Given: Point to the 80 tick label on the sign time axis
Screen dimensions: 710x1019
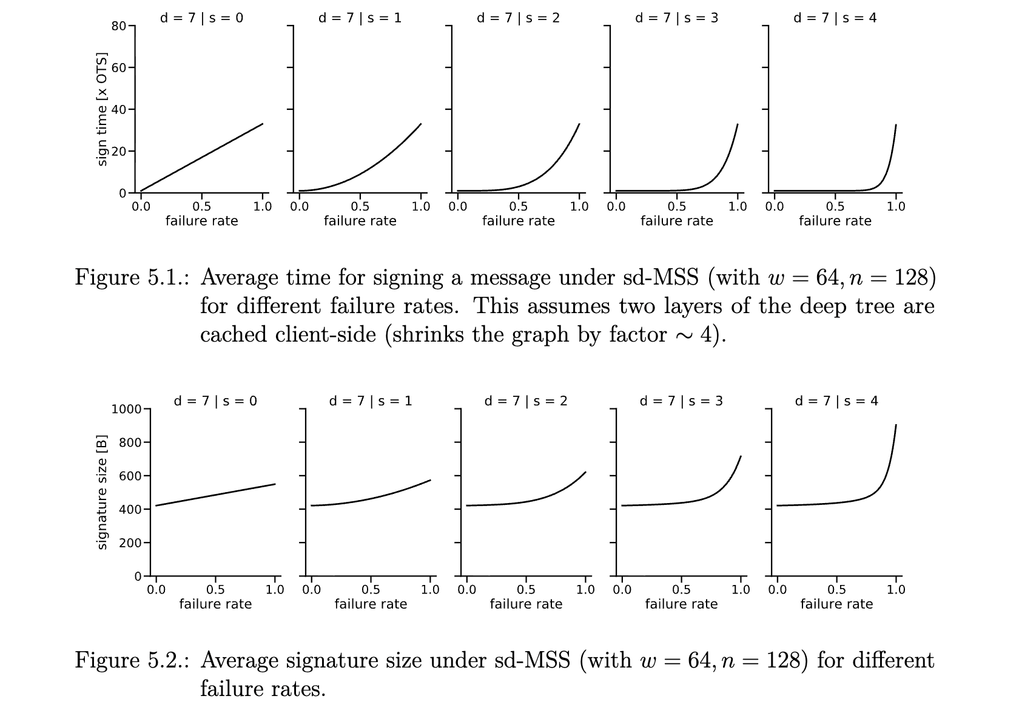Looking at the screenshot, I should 118,26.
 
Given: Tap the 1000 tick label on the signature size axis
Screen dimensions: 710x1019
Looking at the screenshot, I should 126,409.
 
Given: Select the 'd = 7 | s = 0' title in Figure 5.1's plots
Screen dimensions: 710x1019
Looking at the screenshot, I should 201,18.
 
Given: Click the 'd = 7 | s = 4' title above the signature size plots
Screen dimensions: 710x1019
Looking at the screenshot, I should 836,401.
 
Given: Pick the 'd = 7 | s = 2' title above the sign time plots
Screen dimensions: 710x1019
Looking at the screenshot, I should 518,18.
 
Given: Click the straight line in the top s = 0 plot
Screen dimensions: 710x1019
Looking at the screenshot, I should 202,158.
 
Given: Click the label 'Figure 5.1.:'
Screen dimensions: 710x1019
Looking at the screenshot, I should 132,278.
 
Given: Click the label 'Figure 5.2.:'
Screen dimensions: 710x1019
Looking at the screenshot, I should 132,661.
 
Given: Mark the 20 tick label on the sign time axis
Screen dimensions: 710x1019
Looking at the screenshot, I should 118,152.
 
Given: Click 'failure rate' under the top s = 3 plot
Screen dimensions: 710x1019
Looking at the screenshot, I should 676,221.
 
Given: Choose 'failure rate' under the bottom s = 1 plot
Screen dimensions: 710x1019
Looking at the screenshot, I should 371,604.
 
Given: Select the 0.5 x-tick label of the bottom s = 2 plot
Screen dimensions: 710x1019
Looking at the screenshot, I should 526,590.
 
